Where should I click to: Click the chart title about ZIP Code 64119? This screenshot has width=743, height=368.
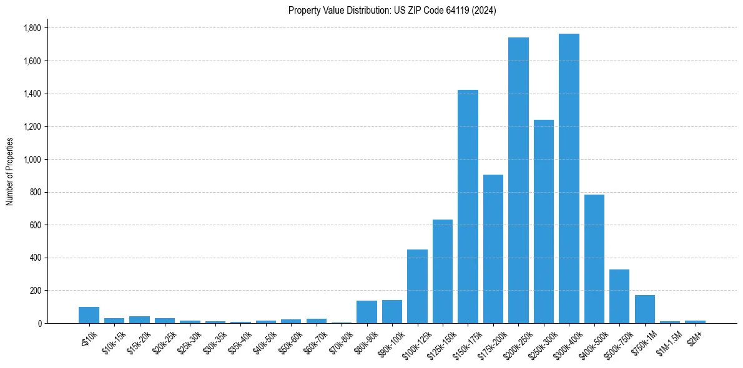[392, 11]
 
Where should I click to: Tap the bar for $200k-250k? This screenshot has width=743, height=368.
[518, 180]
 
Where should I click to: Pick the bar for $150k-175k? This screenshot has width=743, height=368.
[468, 206]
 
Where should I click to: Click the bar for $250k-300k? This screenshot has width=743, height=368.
[543, 221]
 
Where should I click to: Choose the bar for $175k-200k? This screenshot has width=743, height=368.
[493, 249]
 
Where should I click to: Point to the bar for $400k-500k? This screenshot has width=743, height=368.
[594, 259]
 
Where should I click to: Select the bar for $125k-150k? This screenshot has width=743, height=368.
[443, 271]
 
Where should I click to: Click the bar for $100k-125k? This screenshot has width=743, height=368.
[417, 286]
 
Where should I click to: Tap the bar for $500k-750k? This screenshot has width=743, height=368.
[619, 296]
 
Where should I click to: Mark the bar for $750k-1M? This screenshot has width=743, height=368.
[644, 309]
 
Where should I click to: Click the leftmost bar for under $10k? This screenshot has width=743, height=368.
[89, 315]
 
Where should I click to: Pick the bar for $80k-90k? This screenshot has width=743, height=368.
[367, 312]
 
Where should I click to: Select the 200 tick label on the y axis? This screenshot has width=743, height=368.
[35, 291]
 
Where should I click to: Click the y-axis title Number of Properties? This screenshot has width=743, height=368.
[10, 172]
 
